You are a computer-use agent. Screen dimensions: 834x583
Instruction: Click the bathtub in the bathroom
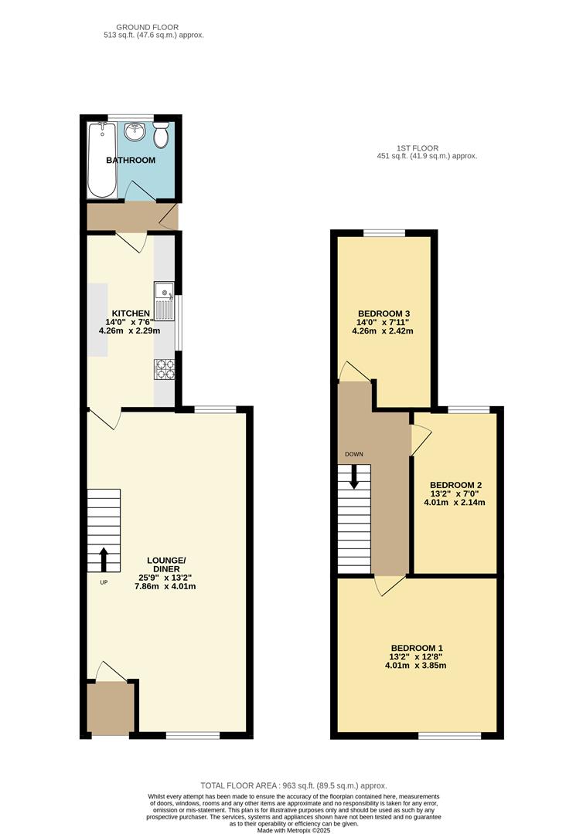(x=102, y=160)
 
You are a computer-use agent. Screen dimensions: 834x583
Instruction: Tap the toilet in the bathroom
(x=161, y=135)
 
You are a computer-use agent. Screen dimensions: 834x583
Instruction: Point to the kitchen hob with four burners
(x=165, y=371)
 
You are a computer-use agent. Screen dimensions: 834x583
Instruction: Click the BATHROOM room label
(x=131, y=161)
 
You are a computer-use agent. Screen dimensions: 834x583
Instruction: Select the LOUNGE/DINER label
(x=167, y=564)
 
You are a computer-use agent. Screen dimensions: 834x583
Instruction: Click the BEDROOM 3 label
(x=383, y=313)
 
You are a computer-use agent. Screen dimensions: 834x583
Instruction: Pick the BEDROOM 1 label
(x=418, y=648)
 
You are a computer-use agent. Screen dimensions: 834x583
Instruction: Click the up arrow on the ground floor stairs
(x=104, y=558)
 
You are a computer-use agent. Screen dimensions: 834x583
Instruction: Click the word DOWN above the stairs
(x=354, y=454)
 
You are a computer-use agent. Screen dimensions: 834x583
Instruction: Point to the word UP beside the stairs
(x=104, y=581)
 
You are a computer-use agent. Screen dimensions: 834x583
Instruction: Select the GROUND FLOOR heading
(x=154, y=27)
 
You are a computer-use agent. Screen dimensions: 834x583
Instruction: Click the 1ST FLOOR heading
(x=417, y=147)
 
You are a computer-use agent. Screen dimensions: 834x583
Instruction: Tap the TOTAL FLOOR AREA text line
(x=293, y=785)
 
